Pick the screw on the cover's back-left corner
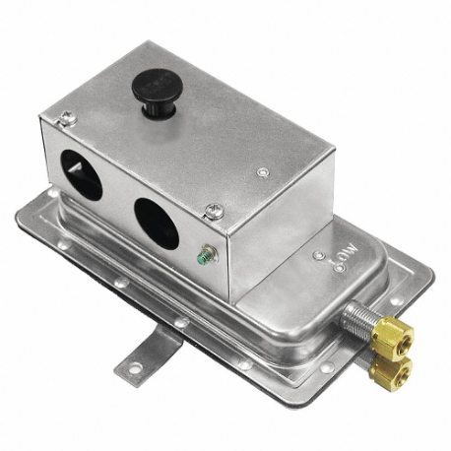click(66, 120)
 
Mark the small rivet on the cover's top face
click(261, 173)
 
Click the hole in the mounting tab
click(131, 366)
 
